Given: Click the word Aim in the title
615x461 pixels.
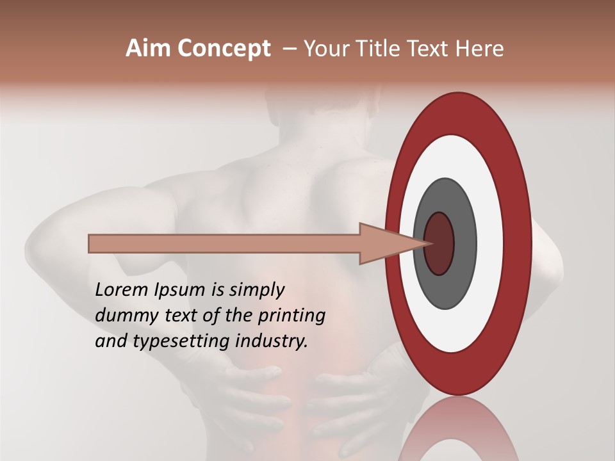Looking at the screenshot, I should tap(149, 49).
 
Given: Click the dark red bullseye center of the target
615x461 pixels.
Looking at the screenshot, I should tap(439, 243).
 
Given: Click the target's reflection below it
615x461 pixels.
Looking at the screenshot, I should tap(459, 432).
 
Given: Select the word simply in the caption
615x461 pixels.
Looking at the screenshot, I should tap(256, 291).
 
